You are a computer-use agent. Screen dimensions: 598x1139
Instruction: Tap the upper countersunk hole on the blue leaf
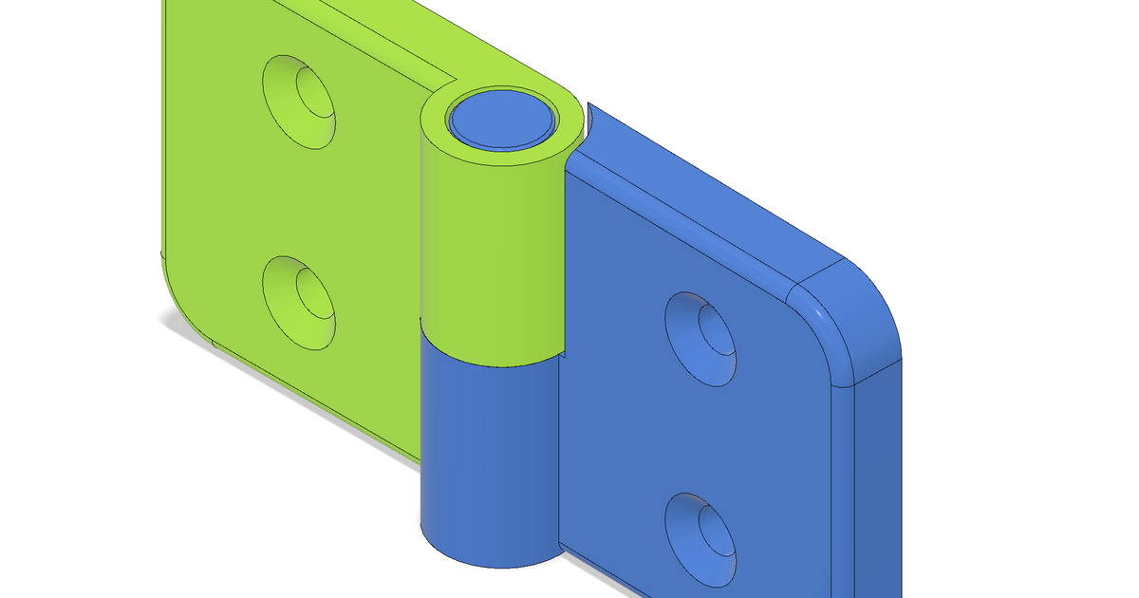click(x=703, y=339)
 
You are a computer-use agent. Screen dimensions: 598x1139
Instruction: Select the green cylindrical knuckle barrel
click(x=489, y=247)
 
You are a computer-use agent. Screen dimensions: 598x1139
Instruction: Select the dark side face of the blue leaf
click(x=878, y=475)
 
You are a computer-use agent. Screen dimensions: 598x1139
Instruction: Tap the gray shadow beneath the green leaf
click(x=285, y=380)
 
